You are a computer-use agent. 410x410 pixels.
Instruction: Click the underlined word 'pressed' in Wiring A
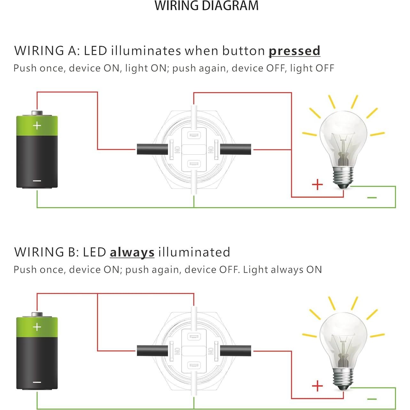tap(294, 51)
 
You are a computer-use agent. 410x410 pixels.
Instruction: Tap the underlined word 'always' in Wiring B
tap(132, 252)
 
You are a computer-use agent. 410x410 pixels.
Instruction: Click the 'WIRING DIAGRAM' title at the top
tap(206, 6)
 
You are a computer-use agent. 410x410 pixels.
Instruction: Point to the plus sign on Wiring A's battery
tap(37, 125)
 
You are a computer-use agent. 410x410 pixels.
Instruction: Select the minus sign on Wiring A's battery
tap(37, 181)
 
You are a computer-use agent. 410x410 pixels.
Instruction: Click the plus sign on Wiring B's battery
tap(37, 327)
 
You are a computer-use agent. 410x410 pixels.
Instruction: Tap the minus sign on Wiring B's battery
tap(37, 382)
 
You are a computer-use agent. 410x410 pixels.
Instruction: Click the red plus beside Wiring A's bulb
tap(317, 185)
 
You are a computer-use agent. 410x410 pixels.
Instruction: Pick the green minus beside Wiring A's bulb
tap(372, 198)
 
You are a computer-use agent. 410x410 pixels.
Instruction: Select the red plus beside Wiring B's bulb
tap(317, 386)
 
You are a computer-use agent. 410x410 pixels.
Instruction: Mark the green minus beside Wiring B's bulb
tap(372, 399)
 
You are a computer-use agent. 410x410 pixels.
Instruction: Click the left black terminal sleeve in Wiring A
tap(152, 149)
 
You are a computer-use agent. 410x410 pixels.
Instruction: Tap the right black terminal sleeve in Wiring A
tap(236, 149)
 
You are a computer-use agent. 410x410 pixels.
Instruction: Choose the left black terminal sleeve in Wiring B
tap(152, 351)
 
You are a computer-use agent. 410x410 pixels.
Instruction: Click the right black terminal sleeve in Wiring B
tap(236, 351)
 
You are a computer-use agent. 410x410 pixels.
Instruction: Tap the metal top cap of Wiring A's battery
tap(37, 113)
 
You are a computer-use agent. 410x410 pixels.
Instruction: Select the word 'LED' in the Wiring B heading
tap(94, 252)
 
